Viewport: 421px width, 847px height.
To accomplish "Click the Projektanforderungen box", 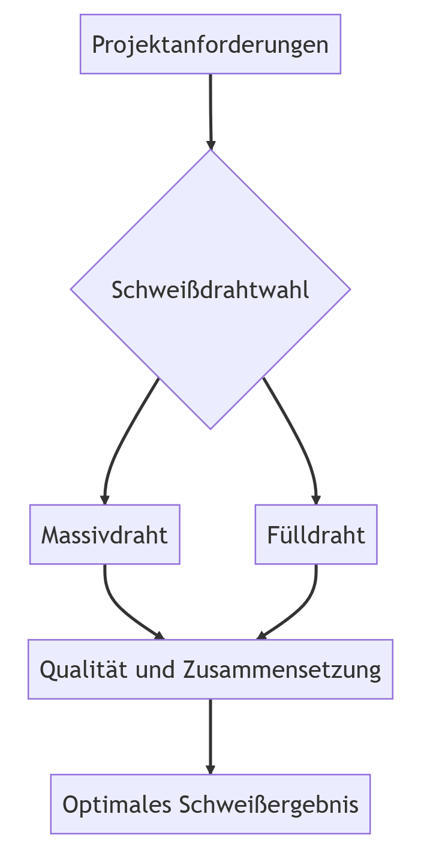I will click(x=210, y=44).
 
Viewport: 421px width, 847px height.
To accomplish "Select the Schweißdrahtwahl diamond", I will click(x=210, y=289).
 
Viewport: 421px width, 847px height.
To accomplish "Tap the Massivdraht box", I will click(x=105, y=534).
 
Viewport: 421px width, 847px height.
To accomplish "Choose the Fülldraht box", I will click(x=316, y=534).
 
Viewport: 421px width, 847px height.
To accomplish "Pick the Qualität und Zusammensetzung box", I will click(x=210, y=669).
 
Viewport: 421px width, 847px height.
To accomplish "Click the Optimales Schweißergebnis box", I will click(x=210, y=804).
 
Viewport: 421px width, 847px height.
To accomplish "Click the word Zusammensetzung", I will click(x=281, y=669).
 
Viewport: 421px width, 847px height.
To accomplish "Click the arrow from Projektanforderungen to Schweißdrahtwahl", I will click(x=210, y=108).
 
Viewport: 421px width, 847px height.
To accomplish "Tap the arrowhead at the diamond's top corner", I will click(x=210, y=145).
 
